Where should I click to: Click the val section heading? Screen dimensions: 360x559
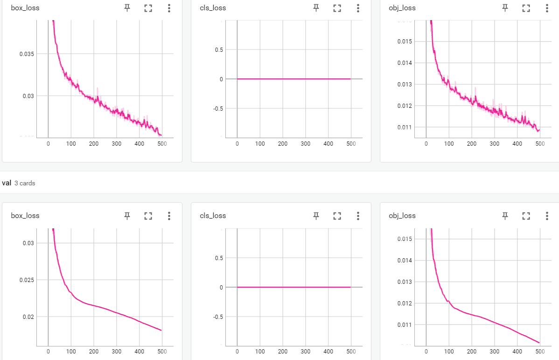point(7,183)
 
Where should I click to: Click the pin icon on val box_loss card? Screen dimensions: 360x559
point(127,216)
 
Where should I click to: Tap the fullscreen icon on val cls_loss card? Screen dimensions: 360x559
point(337,216)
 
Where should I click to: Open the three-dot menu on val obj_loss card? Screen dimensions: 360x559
point(547,216)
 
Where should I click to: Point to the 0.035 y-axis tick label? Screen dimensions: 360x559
point(26,54)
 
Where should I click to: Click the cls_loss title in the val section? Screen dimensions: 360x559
point(213,216)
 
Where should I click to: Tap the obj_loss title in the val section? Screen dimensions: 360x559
point(402,216)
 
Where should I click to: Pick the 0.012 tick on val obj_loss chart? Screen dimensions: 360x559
point(405,303)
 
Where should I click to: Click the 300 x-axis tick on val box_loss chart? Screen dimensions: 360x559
point(117,351)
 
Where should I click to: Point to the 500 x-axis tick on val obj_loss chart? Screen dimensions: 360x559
point(539,351)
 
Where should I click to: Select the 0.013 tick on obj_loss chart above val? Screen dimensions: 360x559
point(405,84)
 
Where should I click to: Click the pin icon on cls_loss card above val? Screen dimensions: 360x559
point(316,8)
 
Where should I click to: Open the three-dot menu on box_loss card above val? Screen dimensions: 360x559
point(169,8)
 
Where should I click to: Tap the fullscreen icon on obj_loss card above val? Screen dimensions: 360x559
point(526,8)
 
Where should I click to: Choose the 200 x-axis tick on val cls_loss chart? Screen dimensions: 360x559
point(282,351)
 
